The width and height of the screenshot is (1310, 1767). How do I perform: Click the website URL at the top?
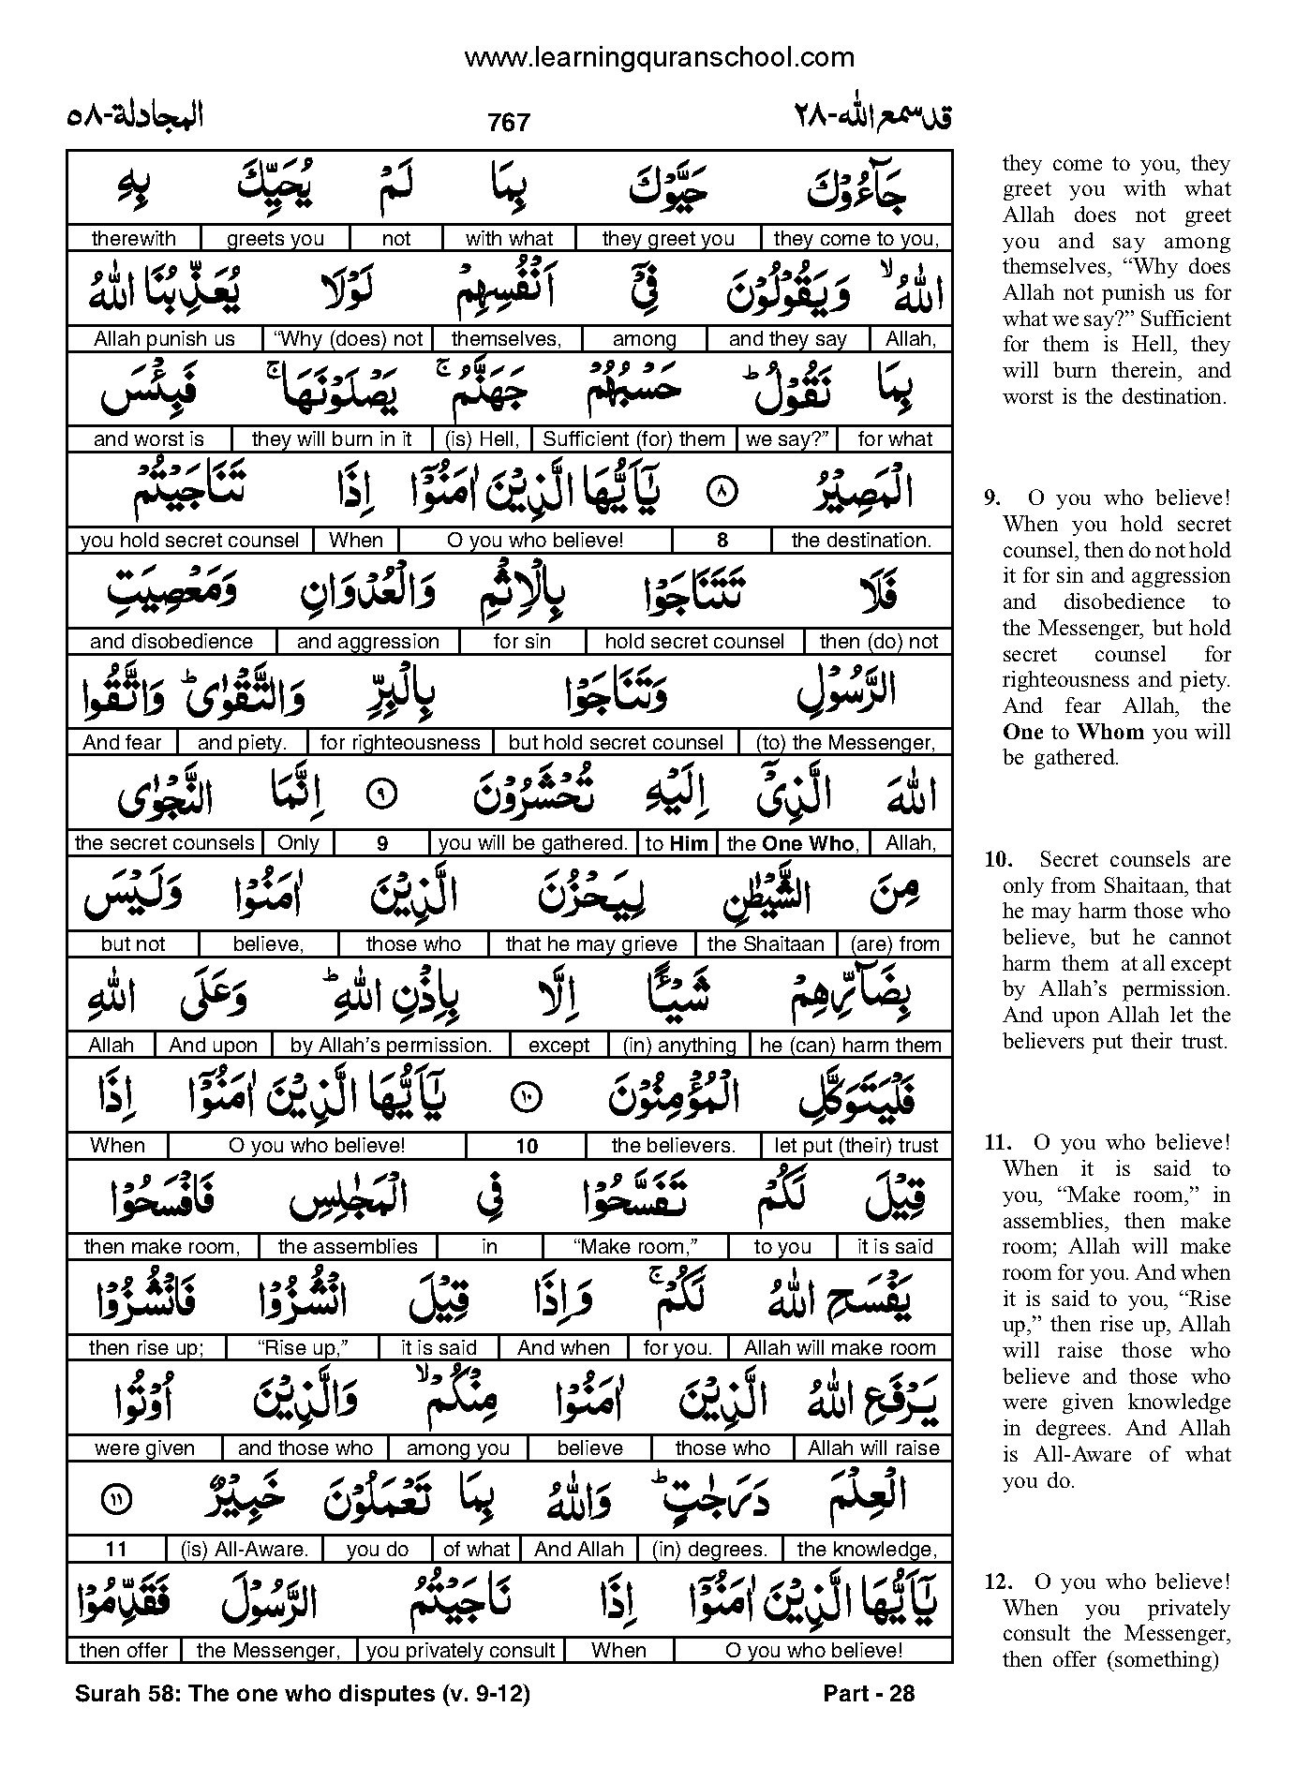(x=659, y=58)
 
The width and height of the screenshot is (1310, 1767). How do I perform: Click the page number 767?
(x=509, y=123)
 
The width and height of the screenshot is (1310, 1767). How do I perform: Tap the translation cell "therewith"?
(x=133, y=238)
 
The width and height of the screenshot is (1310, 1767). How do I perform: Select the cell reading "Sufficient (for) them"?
(x=633, y=438)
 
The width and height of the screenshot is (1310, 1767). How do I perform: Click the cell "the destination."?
(x=860, y=540)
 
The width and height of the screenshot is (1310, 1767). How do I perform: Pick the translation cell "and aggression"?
(x=367, y=642)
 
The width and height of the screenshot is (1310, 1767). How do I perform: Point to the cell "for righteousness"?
(x=400, y=743)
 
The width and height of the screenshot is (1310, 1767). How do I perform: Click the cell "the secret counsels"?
(x=164, y=843)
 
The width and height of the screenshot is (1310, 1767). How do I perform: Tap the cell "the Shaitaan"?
(x=766, y=944)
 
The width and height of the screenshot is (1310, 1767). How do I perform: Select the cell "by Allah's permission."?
(x=391, y=1045)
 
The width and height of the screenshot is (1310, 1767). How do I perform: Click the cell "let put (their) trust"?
(x=856, y=1145)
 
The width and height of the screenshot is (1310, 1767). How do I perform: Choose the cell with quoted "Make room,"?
(x=634, y=1247)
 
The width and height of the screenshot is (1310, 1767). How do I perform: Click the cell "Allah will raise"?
(x=873, y=1448)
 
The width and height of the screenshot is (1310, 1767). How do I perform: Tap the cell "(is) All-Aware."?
(x=245, y=1550)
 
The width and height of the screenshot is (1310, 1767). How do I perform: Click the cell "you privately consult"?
(x=460, y=1651)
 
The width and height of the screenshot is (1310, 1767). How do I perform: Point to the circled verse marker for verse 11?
(x=116, y=1499)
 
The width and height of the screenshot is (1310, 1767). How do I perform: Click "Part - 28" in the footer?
(x=868, y=1693)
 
